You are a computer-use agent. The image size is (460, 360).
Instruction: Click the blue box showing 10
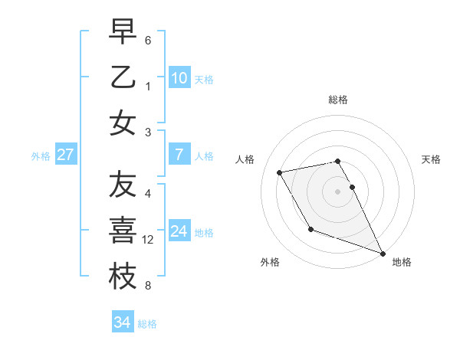coord(179,77)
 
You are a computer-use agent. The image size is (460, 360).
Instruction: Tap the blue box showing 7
coord(179,155)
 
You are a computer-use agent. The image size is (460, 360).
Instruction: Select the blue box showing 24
coord(179,231)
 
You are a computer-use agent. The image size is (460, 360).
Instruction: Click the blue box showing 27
coord(65,155)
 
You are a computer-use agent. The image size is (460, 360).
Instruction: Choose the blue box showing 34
coord(122,322)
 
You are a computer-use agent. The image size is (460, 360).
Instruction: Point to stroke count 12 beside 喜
coord(149,240)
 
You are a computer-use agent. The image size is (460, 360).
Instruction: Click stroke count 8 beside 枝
coord(148,286)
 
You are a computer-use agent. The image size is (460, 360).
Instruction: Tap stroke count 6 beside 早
coord(148,39)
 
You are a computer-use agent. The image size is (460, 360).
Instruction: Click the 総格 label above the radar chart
coord(338,100)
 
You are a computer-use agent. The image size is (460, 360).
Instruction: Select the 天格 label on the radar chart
coord(431,159)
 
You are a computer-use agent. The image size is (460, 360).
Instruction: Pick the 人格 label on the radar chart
coord(245,159)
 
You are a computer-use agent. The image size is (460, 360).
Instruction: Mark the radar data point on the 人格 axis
coord(280,172)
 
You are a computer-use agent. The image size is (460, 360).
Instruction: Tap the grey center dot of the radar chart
coord(338,191)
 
